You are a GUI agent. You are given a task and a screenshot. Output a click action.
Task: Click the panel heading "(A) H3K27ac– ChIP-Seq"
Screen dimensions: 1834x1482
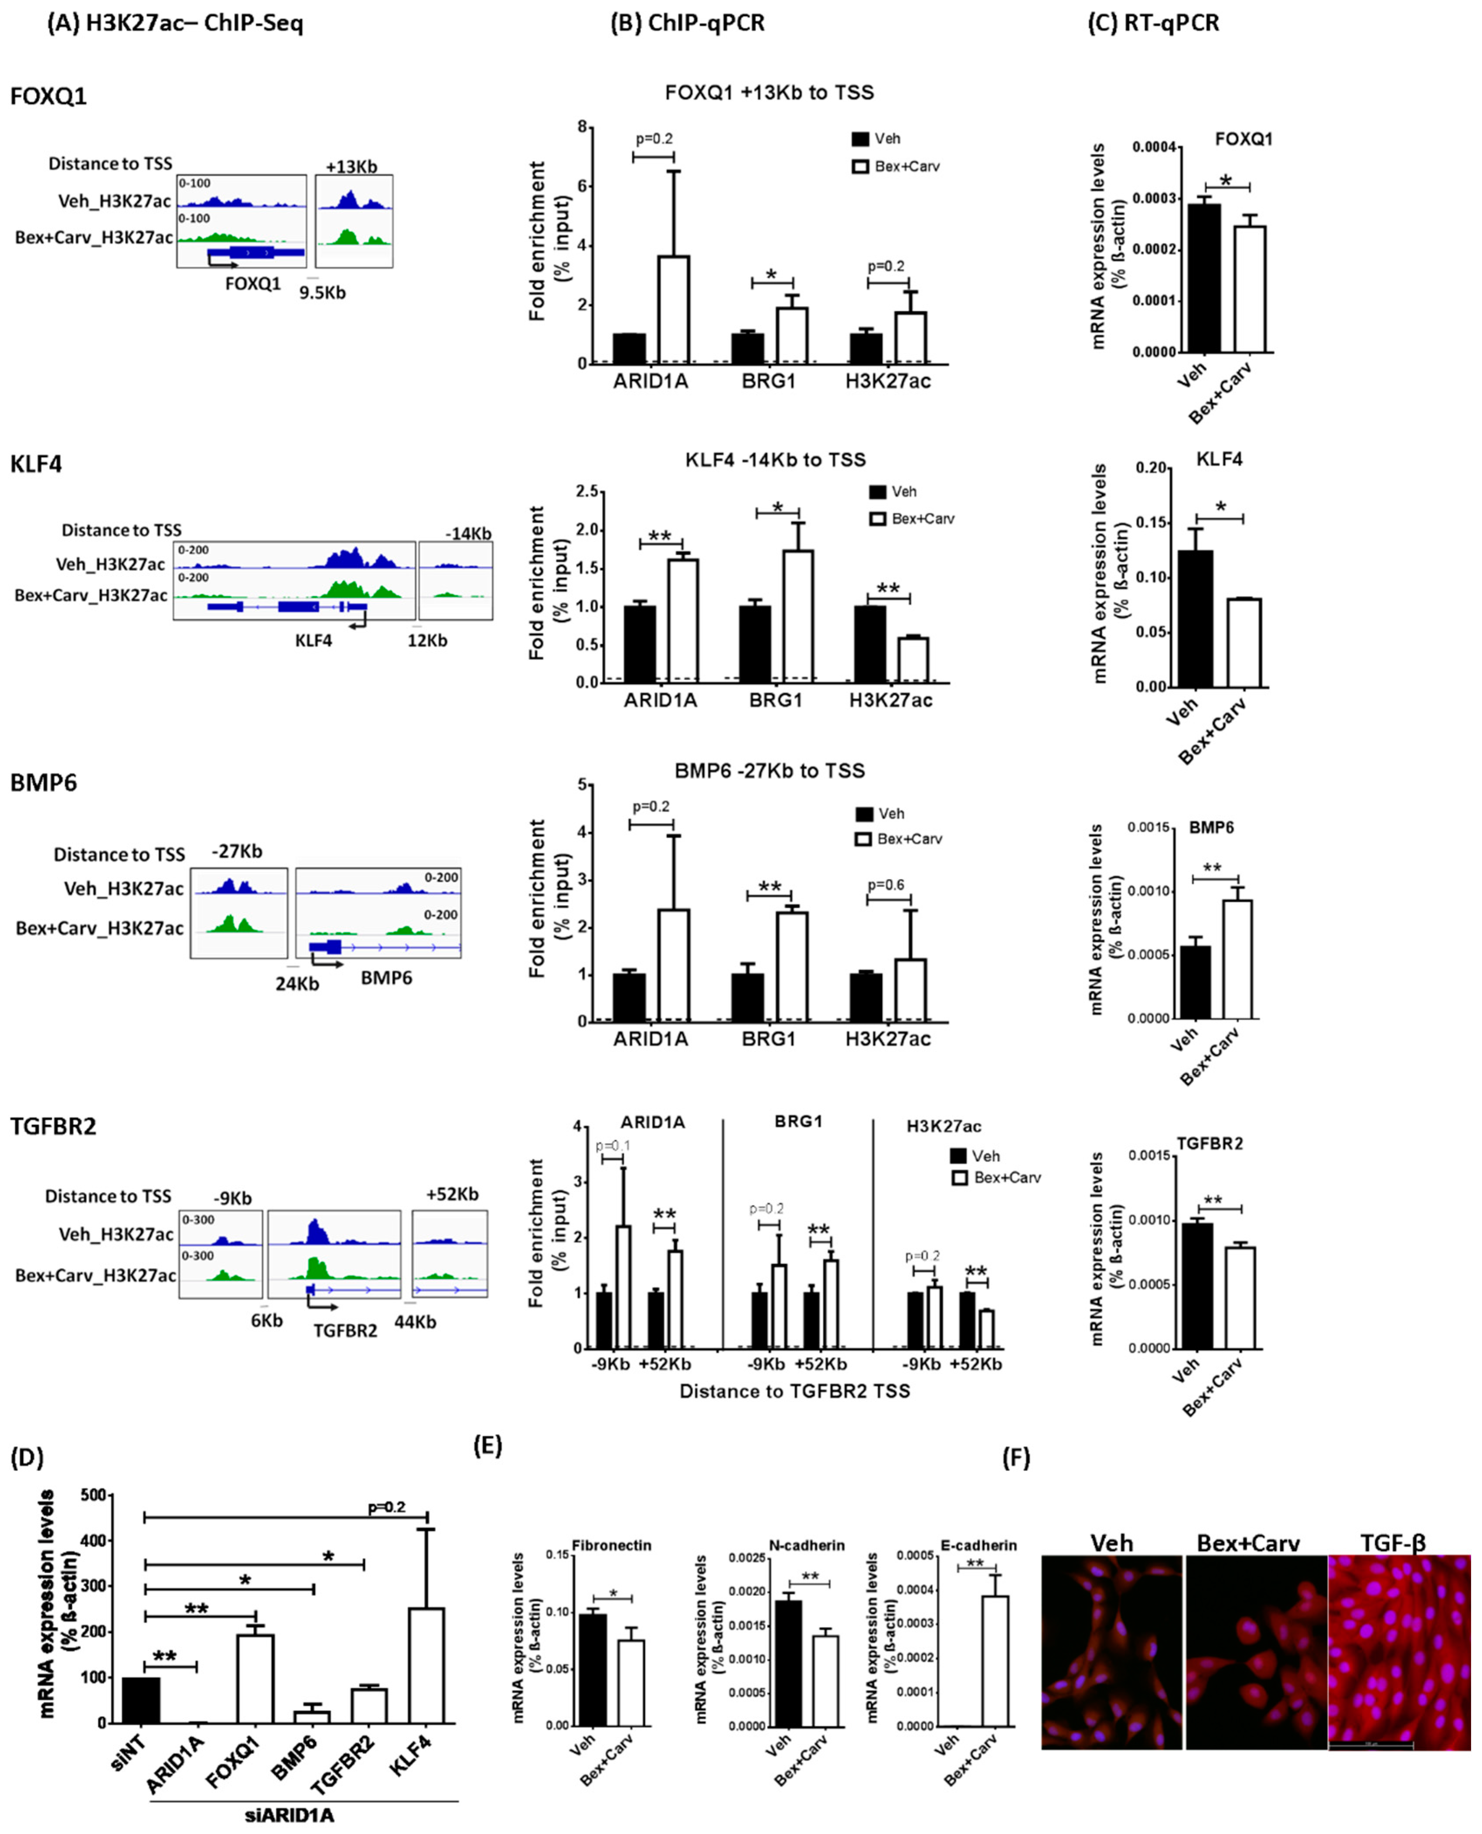point(175,23)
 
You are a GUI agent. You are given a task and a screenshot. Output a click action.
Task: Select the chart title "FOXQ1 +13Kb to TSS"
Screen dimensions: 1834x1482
point(769,92)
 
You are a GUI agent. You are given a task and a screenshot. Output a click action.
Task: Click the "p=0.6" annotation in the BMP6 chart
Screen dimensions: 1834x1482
point(886,885)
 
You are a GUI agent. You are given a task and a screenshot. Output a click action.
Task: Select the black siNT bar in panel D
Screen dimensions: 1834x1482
point(141,1699)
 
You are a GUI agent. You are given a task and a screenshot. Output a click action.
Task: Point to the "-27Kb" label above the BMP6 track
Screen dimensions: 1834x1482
point(237,851)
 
